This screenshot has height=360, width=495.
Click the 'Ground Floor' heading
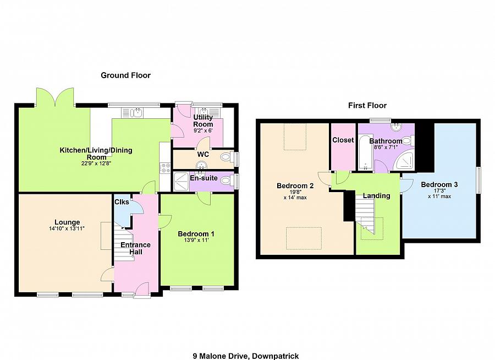(125, 75)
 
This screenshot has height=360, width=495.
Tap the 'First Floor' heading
(367, 105)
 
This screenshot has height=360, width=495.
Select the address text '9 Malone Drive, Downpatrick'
(246, 356)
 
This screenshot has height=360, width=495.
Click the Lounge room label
(67, 222)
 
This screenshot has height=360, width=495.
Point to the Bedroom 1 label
(196, 234)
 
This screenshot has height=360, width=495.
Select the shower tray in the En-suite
(181, 182)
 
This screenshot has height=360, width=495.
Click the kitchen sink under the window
(133, 112)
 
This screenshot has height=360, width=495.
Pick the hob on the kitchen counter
(166, 168)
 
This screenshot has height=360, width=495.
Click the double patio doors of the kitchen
(56, 96)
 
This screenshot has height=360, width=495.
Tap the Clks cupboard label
(122, 201)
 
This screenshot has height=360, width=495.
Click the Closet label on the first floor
(343, 140)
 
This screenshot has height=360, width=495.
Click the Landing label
(376, 195)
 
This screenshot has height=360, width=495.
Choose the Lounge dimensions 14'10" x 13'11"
(67, 228)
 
